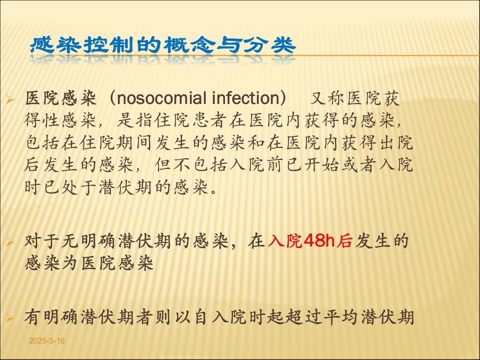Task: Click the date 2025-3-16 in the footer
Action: pos(47,341)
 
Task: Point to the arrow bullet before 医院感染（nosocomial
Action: pos(10,99)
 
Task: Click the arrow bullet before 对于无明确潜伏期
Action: pos(10,242)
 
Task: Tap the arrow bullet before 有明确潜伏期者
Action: pos(10,318)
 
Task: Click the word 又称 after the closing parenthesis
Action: pos(327,98)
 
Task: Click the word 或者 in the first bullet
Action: pos(359,164)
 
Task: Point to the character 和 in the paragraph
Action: pos(256,142)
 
